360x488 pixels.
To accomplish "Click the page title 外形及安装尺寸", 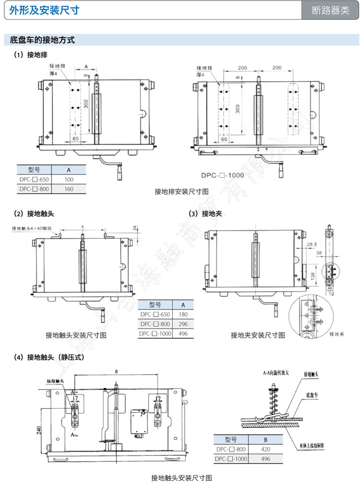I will [44, 10].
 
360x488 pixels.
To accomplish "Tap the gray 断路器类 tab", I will [330, 11].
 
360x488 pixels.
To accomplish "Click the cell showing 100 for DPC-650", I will [69, 179].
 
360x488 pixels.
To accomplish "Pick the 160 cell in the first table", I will [69, 189].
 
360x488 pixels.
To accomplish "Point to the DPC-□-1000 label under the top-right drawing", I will [222, 175].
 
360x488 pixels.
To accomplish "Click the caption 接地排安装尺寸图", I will [181, 191].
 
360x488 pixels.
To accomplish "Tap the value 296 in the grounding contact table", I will [182, 324].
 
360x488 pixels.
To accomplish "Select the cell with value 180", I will [182, 315].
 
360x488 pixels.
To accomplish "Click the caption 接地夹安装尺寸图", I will [258, 335].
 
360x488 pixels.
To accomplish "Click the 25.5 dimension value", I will [312, 244].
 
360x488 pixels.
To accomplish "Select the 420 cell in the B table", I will [265, 450].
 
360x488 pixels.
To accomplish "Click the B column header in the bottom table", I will [265, 439].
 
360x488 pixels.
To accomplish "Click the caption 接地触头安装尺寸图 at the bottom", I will [181, 477].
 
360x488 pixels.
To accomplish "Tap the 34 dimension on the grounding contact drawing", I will [135, 227].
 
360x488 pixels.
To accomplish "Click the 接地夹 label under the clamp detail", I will [337, 333].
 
